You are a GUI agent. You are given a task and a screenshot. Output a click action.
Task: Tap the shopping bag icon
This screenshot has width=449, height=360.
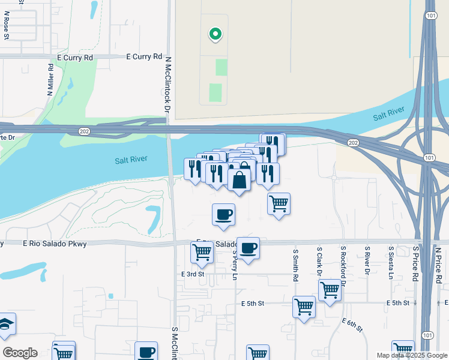click(x=239, y=179)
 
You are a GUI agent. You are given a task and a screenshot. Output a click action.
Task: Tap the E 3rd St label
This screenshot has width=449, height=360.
click(x=193, y=274)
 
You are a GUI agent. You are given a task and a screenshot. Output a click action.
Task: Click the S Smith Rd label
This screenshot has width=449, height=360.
click(x=295, y=266)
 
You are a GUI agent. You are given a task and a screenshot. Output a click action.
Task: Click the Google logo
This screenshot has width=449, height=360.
click(x=20, y=353)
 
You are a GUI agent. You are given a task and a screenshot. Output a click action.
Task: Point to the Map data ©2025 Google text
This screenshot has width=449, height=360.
click(x=411, y=355)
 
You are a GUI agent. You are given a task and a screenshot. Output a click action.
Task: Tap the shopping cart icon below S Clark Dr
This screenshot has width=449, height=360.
click(x=330, y=290)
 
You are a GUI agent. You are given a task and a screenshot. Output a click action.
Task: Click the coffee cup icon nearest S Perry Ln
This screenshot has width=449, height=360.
click(x=247, y=247)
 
